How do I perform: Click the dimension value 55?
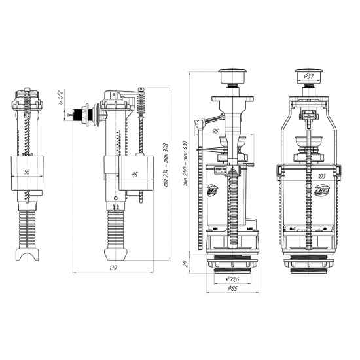tap(26, 171)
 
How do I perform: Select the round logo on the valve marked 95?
tap(209, 190)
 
